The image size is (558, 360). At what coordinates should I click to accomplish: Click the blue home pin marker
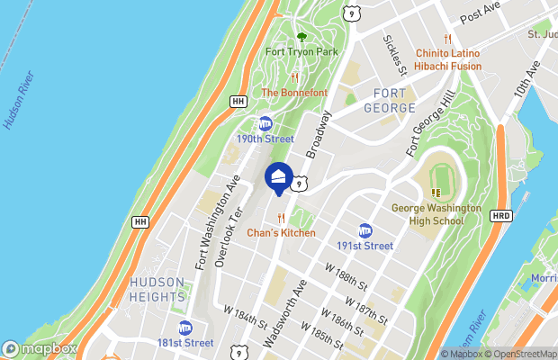point(279,176)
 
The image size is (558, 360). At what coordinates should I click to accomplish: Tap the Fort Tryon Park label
point(301,51)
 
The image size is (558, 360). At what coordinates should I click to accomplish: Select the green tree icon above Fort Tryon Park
point(301,37)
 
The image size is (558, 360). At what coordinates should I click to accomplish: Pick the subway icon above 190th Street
point(265,123)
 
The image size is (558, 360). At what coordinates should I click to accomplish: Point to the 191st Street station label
point(364,246)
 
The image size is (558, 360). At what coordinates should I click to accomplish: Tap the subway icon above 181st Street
point(185,328)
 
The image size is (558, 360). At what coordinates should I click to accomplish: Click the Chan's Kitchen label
point(282,232)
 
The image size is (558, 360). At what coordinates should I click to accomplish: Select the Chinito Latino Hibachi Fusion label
point(447,58)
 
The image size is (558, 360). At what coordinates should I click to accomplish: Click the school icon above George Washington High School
point(436,192)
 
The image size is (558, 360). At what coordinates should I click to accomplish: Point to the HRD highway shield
point(501,216)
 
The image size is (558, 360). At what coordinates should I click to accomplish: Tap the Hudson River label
point(19,98)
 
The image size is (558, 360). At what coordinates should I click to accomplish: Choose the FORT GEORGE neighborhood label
point(377,101)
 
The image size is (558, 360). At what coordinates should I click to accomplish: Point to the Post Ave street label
point(479,13)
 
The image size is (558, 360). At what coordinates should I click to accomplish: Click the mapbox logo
point(40,348)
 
